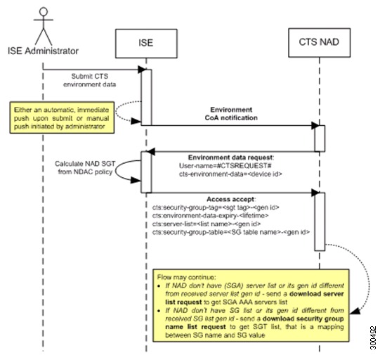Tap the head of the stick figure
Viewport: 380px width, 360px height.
(x=44, y=12)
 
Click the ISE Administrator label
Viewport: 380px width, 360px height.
(x=43, y=51)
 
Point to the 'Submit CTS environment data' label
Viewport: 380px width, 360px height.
(x=90, y=80)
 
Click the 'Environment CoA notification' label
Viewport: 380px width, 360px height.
(x=231, y=114)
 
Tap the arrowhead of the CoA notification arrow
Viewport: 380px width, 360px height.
(x=315, y=125)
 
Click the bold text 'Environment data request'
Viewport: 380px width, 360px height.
(x=230, y=157)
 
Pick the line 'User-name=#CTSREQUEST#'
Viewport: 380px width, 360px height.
(x=225, y=166)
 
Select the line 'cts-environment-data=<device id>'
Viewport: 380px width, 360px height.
(x=230, y=174)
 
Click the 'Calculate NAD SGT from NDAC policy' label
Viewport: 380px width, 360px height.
(x=85, y=167)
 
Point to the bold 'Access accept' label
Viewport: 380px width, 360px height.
(x=230, y=199)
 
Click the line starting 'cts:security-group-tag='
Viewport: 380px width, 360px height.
(x=216, y=207)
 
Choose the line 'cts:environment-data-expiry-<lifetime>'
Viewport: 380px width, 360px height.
(x=210, y=216)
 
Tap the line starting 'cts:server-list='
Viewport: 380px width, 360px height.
(x=207, y=224)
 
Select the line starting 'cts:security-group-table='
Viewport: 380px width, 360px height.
(x=231, y=232)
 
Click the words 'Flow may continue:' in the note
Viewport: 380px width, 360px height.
(x=186, y=277)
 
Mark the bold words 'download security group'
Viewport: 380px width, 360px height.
(x=303, y=319)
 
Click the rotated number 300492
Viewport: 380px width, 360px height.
(x=373, y=337)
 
